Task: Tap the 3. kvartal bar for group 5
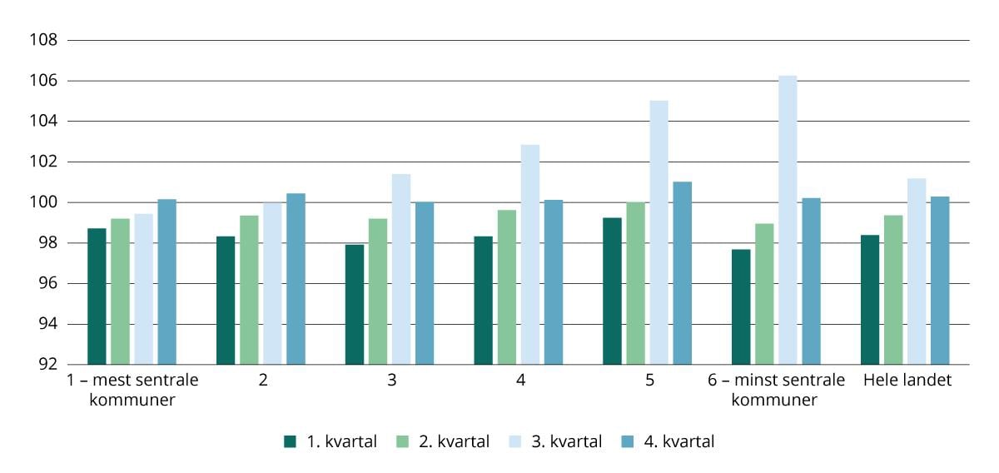tap(659, 232)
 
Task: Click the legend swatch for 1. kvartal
tap(290, 442)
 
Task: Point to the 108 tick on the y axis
tap(42, 41)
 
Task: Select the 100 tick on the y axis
tap(42, 202)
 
